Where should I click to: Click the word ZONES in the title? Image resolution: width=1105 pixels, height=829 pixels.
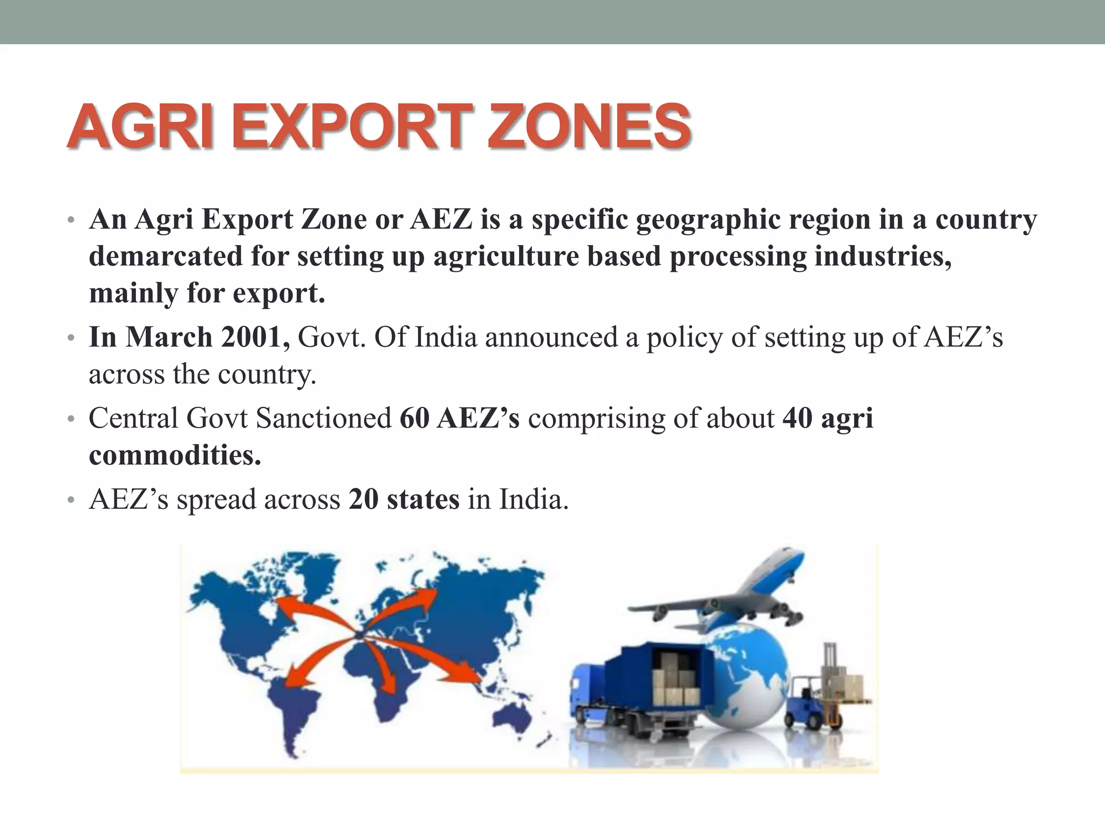589,127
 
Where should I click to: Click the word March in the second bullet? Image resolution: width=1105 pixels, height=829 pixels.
169,337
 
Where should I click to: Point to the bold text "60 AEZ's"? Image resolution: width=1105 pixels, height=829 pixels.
460,418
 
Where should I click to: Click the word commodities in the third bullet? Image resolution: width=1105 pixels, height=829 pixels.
175,456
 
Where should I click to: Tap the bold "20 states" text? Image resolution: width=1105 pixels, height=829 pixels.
404,499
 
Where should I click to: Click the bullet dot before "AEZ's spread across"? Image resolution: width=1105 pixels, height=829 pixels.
70,501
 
